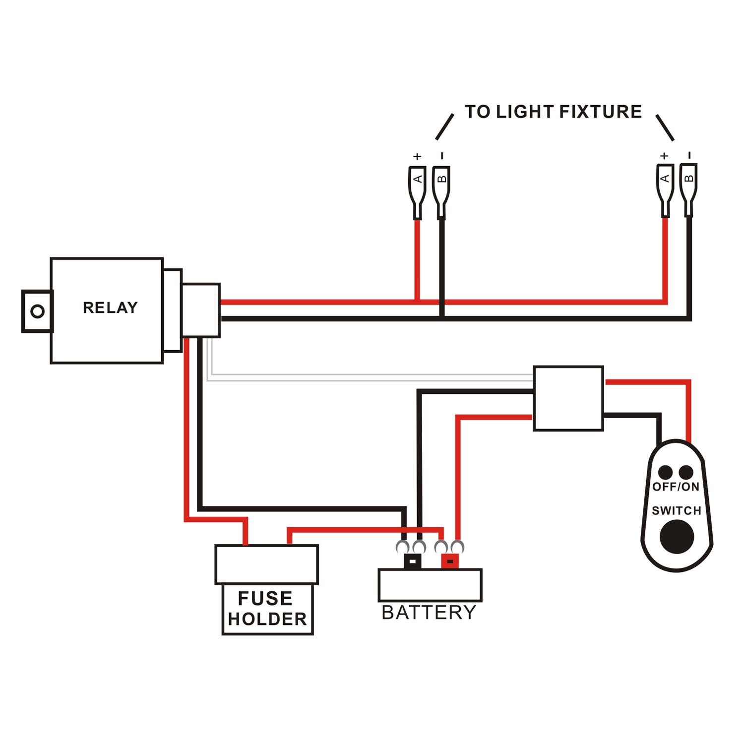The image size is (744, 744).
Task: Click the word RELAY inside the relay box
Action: [110, 308]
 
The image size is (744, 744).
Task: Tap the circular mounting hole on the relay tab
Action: [38, 311]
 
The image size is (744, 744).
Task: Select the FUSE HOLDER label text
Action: [267, 609]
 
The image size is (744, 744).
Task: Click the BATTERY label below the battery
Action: [429, 613]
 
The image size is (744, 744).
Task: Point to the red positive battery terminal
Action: [450, 561]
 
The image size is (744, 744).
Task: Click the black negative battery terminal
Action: [413, 561]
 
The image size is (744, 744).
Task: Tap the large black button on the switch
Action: [677, 537]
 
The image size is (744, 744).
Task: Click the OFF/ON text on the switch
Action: [676, 487]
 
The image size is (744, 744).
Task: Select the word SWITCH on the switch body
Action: [676, 510]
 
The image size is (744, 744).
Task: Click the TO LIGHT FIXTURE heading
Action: [553, 112]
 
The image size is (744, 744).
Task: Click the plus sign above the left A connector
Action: [417, 157]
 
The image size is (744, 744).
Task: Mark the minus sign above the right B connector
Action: [689, 156]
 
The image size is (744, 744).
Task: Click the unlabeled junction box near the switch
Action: [568, 398]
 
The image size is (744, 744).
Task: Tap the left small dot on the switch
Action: [665, 472]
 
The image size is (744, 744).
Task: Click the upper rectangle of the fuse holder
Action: [266, 564]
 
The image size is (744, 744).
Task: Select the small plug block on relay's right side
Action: [201, 310]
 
